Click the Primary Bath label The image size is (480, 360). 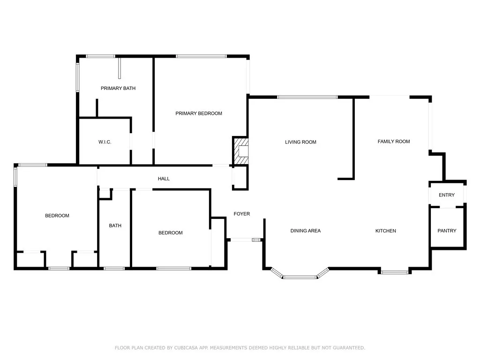(118, 88)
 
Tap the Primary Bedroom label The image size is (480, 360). (199, 113)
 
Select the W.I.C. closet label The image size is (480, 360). (105, 142)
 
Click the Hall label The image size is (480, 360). (164, 179)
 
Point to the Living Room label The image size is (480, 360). (300, 142)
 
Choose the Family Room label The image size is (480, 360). (394, 141)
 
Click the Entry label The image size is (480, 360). (446, 195)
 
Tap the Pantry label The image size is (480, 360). (446, 231)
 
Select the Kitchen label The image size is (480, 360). (385, 231)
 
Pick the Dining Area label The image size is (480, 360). (305, 231)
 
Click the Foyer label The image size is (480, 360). (242, 214)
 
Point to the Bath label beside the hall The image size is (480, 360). (115, 225)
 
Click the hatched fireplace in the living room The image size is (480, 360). (240, 151)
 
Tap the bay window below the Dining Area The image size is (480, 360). (300, 277)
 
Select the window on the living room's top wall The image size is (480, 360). (307, 97)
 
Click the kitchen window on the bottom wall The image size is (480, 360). (394, 271)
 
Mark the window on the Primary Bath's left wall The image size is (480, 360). (78, 77)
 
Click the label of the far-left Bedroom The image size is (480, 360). (57, 216)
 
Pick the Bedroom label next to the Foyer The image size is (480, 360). (170, 233)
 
